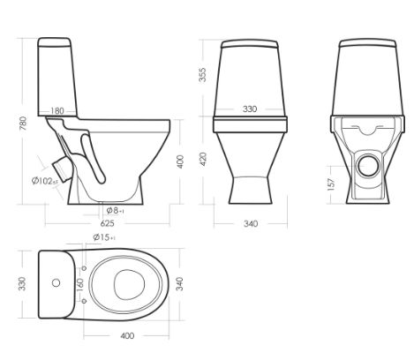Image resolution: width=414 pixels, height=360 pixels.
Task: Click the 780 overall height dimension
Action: coord(23,124)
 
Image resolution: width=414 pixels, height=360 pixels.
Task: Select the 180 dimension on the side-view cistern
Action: coord(57,111)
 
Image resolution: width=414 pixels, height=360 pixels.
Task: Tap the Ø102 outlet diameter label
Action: coord(45,181)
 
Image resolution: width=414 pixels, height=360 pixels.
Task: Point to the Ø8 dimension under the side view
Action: coord(115,211)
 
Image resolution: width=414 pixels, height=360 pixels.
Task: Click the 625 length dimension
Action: coord(107,223)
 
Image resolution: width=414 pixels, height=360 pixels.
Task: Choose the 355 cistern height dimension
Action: coord(203,75)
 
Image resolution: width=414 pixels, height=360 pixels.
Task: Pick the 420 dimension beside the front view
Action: coord(203,159)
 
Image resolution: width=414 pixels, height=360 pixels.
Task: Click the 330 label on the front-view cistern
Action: coord(250,109)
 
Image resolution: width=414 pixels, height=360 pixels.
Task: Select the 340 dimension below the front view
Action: coord(251,224)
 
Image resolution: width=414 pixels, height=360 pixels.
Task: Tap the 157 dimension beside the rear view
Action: coord(331,184)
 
